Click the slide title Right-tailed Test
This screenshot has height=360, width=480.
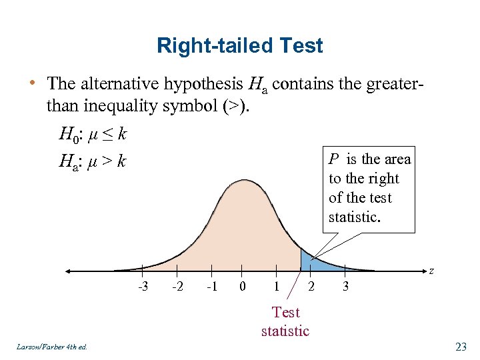coord(239,45)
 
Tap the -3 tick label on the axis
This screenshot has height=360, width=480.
coord(143,286)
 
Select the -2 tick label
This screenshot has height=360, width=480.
coord(177,286)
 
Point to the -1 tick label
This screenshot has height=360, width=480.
coord(211,286)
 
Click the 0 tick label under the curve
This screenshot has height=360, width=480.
coord(243,286)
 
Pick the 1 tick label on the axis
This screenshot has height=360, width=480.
coord(276,286)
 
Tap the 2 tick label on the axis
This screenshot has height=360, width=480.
coord(311,286)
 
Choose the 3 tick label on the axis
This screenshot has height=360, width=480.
coord(345,286)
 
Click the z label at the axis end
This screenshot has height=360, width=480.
coord(432,271)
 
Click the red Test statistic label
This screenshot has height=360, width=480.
coord(285,321)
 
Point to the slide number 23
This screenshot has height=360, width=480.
coord(460,346)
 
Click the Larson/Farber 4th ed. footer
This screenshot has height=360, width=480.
coord(50,347)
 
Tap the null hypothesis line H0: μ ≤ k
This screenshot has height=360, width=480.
coord(93,135)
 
